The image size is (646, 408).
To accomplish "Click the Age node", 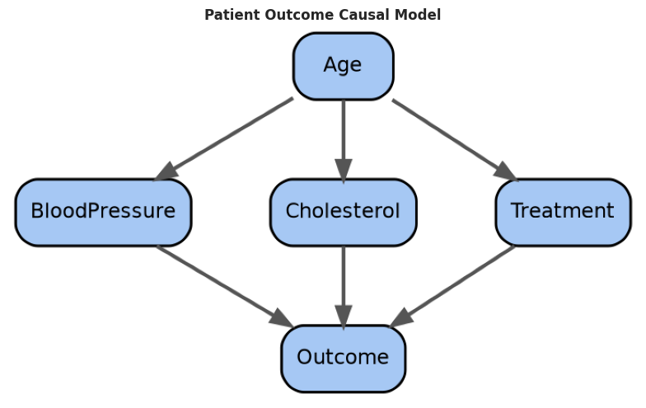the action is [343, 66].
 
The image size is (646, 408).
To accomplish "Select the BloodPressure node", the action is [104, 213].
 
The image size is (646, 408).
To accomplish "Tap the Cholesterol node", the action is [343, 213].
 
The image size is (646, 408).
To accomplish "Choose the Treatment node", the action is [563, 213].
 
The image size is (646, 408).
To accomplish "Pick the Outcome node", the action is [343, 359].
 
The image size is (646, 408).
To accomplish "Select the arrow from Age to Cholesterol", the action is [343, 140].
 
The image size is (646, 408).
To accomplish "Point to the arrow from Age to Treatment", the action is [455, 140].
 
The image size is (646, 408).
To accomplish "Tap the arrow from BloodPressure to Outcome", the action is [225, 287].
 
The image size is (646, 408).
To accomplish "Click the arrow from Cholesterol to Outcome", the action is [343, 287].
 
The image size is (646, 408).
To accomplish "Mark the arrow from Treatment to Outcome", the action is [452, 287].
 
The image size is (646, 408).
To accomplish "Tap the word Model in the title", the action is [417, 15].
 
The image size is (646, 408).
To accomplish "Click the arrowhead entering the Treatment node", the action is [507, 171].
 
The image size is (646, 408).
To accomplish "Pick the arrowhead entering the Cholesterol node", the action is [343, 170].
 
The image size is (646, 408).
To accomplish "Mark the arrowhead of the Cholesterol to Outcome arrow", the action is [343, 317].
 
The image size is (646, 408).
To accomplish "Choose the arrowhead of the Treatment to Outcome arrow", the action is [400, 318].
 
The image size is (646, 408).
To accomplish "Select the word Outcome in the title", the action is [300, 15].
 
